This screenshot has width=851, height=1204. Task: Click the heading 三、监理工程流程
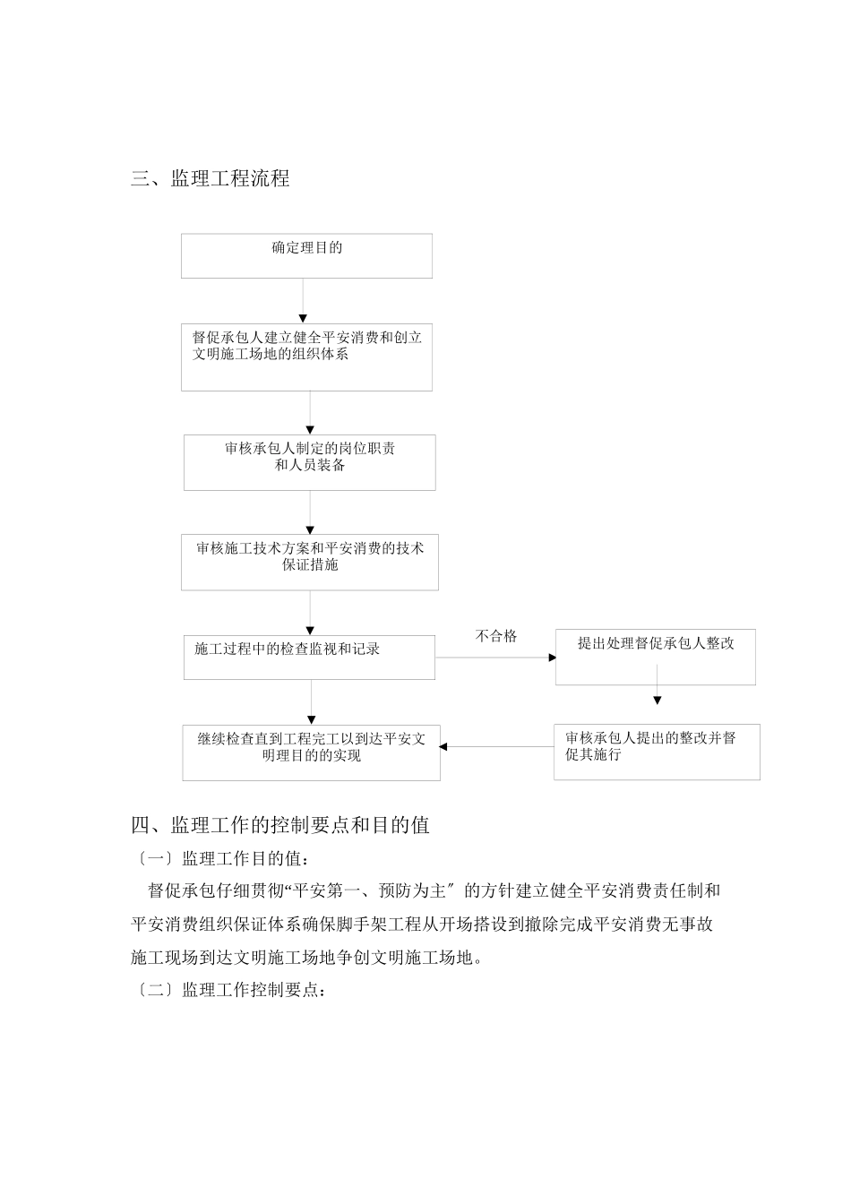point(211,178)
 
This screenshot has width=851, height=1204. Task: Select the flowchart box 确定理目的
point(306,255)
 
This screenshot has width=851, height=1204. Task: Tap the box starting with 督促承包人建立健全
point(306,357)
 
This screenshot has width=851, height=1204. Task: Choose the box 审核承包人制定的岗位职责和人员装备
point(310,462)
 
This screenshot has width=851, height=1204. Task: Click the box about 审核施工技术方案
point(310,563)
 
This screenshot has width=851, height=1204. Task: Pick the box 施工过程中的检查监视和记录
point(310,657)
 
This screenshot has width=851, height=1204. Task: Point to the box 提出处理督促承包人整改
point(655,657)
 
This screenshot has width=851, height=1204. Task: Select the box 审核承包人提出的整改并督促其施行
point(657,751)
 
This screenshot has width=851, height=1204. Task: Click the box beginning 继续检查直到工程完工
point(311,752)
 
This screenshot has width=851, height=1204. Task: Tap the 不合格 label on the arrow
point(496,636)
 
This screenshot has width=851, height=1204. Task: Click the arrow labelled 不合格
point(495,658)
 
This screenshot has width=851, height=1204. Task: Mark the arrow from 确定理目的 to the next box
point(303,300)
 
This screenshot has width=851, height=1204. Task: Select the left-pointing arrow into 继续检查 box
point(497,746)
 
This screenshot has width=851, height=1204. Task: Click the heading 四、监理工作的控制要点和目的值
point(280,824)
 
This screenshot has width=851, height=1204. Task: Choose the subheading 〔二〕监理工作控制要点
point(230,990)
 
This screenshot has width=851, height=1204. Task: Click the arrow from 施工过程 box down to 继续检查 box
point(311,701)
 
